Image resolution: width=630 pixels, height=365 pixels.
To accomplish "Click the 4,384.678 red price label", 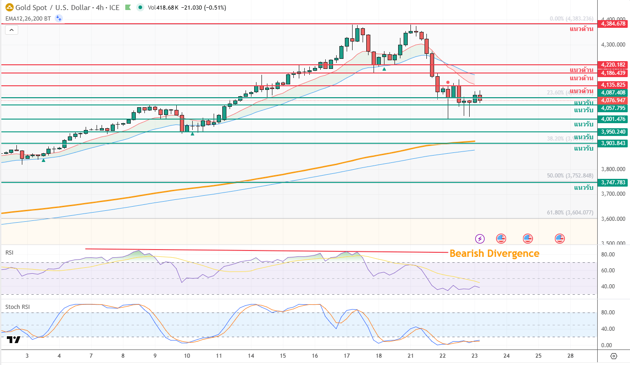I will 614,23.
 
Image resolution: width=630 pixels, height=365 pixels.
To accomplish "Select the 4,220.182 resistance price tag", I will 614,65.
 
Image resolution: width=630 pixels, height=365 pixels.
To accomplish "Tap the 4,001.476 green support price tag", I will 614,119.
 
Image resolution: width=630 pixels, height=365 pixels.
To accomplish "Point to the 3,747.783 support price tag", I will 614,182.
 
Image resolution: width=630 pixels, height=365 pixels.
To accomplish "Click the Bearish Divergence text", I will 494,254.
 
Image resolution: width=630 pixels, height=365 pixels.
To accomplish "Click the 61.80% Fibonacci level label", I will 570,213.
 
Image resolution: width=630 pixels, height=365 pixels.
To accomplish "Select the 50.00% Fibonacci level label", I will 570,176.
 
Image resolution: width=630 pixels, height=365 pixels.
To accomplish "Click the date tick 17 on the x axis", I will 347,355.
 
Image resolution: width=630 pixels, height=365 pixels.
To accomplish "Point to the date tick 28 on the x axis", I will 570,355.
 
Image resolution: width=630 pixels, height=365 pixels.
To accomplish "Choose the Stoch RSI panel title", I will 17,307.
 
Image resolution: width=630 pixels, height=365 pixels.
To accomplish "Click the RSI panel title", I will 9,252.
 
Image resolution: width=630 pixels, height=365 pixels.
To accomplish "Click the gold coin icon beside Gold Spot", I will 9,7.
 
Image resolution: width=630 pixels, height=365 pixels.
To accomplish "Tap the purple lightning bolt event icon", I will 480,238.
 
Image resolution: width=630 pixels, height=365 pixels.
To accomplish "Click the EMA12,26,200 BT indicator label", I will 28,18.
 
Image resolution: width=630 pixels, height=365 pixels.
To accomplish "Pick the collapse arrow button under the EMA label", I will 12,30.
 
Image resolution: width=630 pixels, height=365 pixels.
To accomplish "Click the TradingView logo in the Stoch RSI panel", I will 14,340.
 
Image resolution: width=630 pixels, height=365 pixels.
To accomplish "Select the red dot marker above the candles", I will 448,82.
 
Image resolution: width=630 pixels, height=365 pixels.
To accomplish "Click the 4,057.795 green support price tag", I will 614,108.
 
